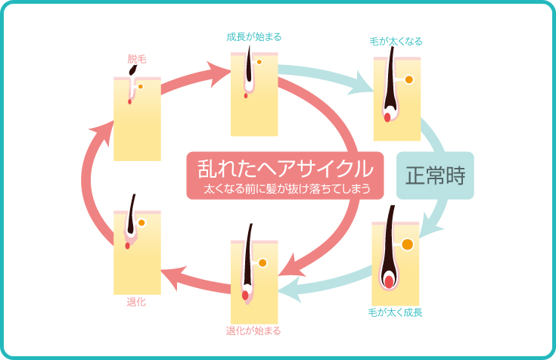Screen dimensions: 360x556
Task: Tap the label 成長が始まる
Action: pyautogui.click(x=254, y=36)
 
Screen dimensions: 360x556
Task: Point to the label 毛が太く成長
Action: pyautogui.click(x=396, y=312)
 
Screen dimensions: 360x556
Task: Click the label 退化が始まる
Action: pyautogui.click(x=254, y=331)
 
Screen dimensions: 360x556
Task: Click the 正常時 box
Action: pyautogui.click(x=435, y=175)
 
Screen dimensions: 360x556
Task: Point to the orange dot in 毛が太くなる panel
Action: pyautogui.click(x=408, y=79)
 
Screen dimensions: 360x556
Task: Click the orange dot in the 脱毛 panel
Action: pyautogui.click(x=140, y=86)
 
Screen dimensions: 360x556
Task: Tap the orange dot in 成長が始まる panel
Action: pyautogui.click(x=259, y=62)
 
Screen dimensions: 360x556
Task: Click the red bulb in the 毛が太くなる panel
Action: pyautogui.click(x=387, y=116)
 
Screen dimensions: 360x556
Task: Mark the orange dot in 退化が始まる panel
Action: pyautogui.click(x=262, y=263)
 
